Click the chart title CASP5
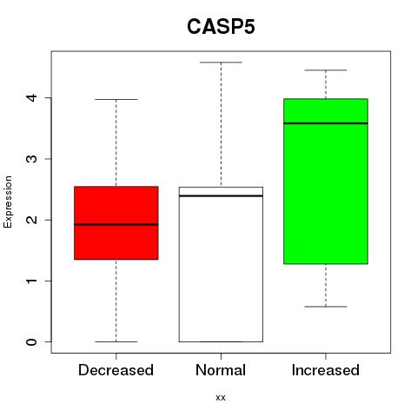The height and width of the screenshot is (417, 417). [221, 27]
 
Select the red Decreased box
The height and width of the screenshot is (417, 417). [116, 222]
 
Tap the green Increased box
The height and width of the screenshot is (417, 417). [326, 182]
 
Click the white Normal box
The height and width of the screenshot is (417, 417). [221, 264]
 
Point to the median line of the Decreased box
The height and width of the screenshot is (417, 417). [116, 224]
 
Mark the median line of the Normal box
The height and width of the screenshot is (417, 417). [221, 196]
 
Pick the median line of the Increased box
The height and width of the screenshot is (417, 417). [326, 123]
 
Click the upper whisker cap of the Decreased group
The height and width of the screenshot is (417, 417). [116, 99]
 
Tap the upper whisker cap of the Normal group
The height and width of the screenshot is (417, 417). [221, 63]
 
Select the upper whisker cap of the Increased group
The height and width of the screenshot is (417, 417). [326, 70]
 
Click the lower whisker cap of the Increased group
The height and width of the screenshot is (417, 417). [326, 307]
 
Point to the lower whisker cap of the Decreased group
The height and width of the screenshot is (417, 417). [116, 341]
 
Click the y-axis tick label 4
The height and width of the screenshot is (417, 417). [32, 97]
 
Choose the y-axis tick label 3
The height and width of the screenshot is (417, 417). [32, 159]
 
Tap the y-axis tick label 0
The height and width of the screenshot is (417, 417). [32, 341]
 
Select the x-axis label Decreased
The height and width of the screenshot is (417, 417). [116, 370]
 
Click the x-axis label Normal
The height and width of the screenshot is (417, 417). [221, 370]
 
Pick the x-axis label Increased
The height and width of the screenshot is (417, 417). [326, 370]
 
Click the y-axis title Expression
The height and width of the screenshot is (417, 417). [8, 202]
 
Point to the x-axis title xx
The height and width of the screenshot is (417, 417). [221, 398]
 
